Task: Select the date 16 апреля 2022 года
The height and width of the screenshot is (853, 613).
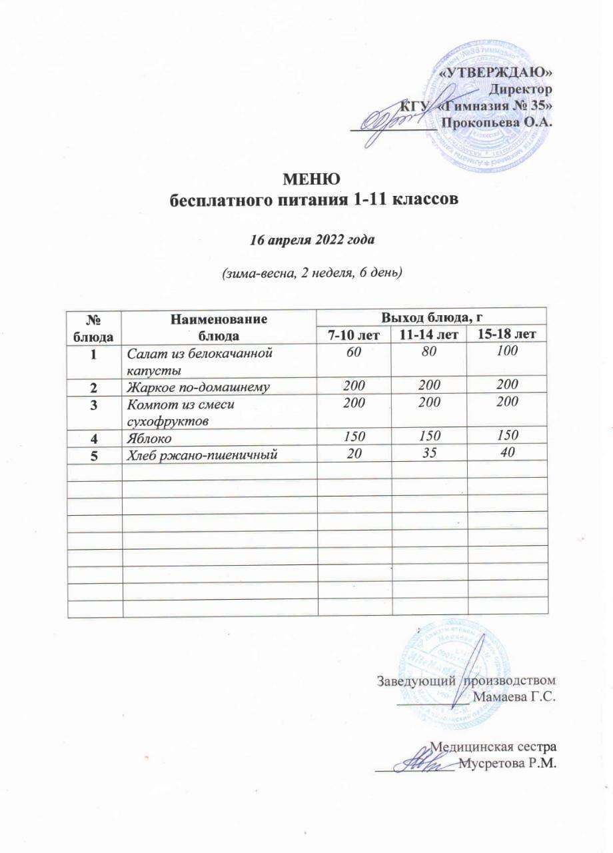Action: pos(312,240)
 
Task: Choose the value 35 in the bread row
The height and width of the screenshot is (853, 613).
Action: pos(429,454)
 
